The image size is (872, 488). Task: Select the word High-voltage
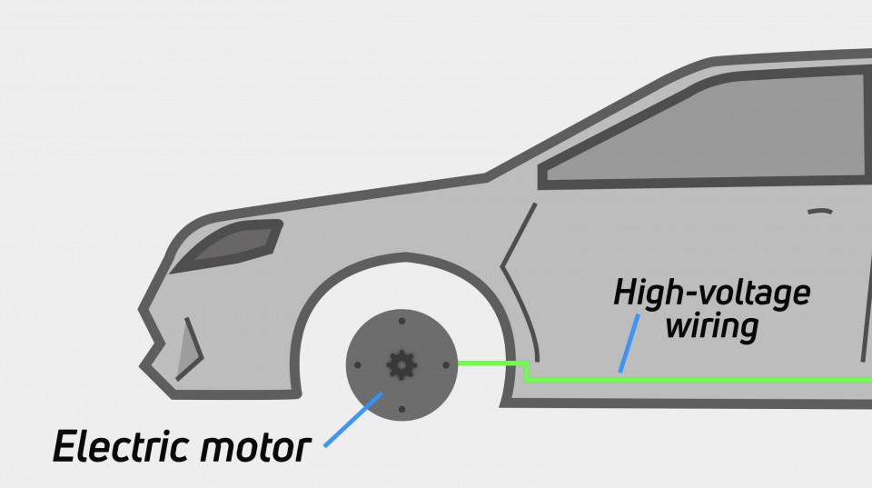pyautogui.click(x=711, y=294)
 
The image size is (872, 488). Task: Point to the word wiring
pyautogui.click(x=711, y=324)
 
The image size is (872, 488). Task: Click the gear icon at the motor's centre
pyautogui.click(x=401, y=364)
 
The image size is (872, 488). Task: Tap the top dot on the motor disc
pyautogui.click(x=401, y=321)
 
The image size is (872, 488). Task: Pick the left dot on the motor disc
pyautogui.click(x=358, y=365)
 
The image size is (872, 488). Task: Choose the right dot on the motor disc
pyautogui.click(x=445, y=364)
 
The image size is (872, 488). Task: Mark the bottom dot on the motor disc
pyautogui.click(x=401, y=408)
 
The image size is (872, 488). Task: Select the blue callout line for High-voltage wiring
pyautogui.click(x=629, y=343)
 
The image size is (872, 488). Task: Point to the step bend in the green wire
pyautogui.click(x=528, y=370)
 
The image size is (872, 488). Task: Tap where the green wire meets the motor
pyautogui.click(x=459, y=364)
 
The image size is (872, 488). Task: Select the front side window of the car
pyautogui.click(x=708, y=132)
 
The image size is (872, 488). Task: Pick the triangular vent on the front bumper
pyautogui.click(x=187, y=346)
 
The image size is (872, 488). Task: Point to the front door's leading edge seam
pyautogui.click(x=516, y=273)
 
